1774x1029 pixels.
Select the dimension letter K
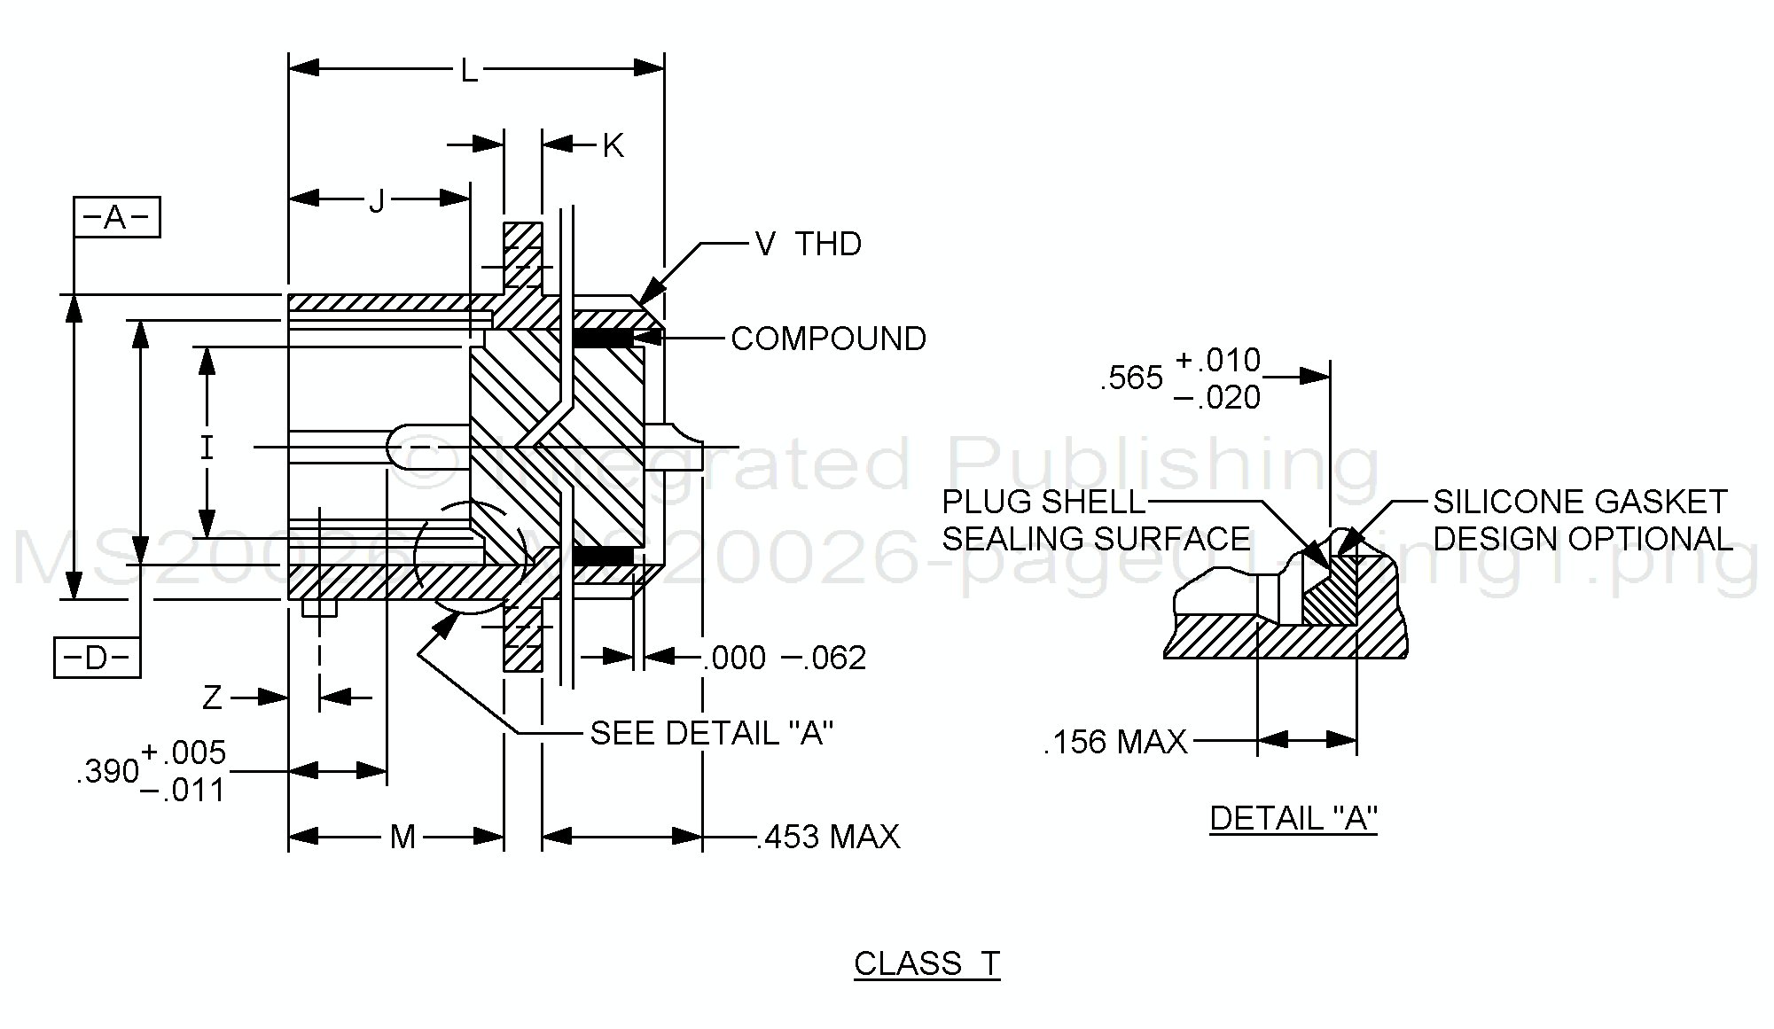tap(613, 146)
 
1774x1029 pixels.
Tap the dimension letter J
tap(378, 202)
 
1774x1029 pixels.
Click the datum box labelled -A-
tap(117, 217)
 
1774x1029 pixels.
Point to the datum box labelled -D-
tap(98, 658)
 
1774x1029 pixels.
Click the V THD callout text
tap(808, 244)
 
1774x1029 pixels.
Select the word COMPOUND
tap(828, 339)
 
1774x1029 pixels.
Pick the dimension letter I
tap(207, 448)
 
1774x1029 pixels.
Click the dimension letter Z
tap(212, 698)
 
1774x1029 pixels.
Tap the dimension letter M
tap(402, 837)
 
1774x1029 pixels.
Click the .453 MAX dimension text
tap(827, 837)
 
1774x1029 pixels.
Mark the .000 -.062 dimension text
tap(784, 658)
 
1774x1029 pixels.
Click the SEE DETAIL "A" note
tap(712, 733)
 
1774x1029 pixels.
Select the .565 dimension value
tap(1131, 378)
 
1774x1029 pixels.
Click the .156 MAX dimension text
tap(1115, 742)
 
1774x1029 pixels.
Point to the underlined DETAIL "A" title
tap(1293, 818)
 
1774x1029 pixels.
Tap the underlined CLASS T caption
tap(926, 963)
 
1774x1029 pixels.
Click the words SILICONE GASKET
tap(1580, 503)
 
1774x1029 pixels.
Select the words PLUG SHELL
tap(1043, 503)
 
